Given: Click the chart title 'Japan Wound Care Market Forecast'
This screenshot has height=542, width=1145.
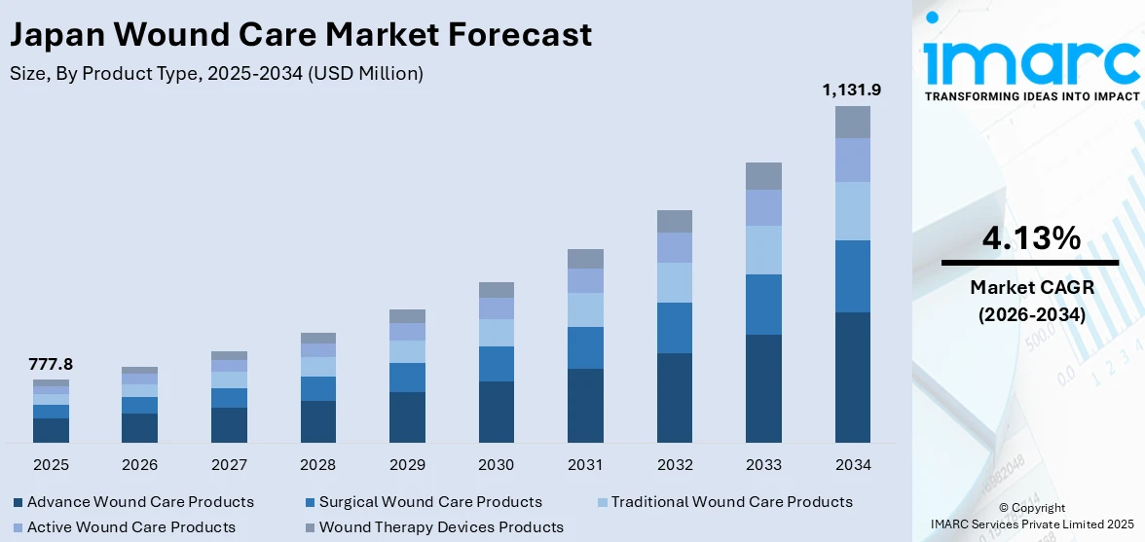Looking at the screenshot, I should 300,35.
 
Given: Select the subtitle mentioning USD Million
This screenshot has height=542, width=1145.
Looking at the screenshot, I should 216,73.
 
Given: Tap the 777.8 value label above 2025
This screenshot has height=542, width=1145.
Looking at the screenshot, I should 51,365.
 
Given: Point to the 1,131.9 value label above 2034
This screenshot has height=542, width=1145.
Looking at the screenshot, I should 852,90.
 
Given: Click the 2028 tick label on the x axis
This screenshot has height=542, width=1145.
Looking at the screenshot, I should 317,465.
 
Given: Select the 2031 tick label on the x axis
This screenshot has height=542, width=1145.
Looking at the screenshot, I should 585,465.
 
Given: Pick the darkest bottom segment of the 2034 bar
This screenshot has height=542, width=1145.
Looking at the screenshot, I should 852,377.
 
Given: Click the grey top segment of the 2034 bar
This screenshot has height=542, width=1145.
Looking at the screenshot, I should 852,122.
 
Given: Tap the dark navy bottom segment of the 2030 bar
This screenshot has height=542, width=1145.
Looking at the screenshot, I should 497,412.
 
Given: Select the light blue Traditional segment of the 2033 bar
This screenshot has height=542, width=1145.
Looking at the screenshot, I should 763,250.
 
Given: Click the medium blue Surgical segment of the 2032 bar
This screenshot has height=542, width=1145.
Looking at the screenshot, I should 674,327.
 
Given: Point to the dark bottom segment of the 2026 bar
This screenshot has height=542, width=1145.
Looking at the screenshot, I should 139,428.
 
